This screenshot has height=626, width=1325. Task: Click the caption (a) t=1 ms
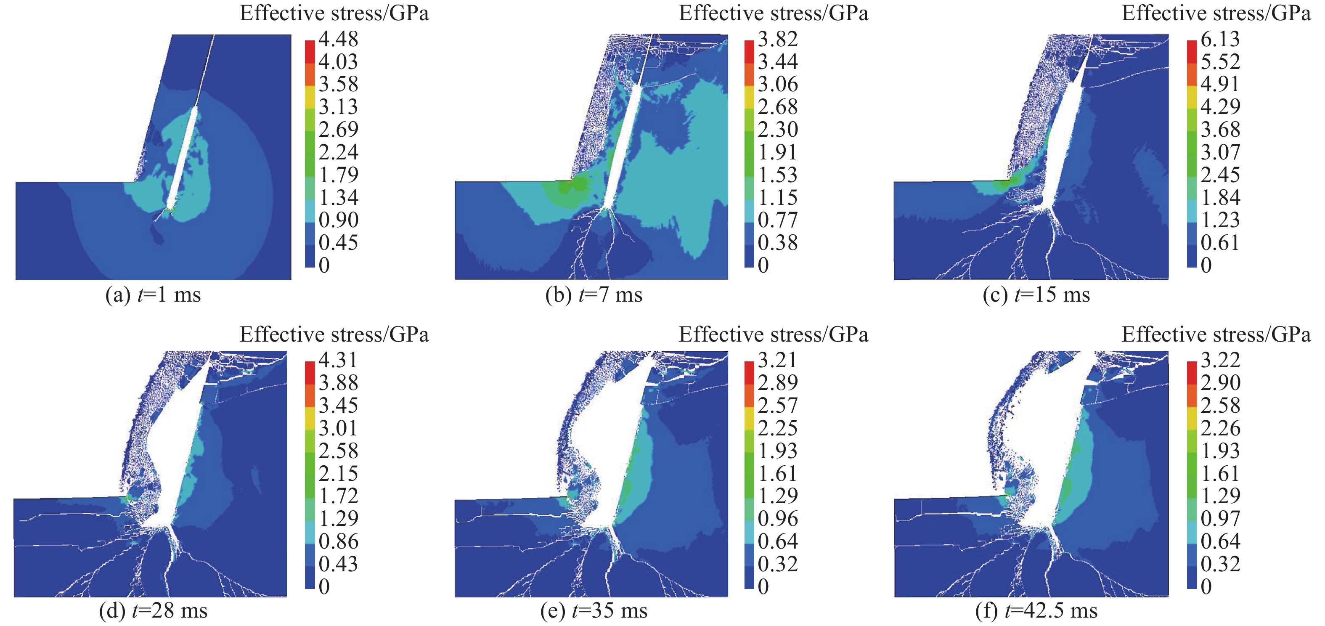(x=153, y=295)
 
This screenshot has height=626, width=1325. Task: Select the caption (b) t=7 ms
(x=594, y=295)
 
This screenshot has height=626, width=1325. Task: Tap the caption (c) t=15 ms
(x=1036, y=295)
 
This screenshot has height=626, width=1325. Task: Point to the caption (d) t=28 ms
(x=153, y=611)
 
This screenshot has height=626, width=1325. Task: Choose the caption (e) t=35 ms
(x=594, y=611)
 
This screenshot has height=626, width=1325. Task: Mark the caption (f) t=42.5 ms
(x=1036, y=611)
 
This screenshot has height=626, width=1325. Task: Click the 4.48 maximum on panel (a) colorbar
(x=338, y=39)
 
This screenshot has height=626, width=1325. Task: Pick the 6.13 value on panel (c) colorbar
(x=1220, y=39)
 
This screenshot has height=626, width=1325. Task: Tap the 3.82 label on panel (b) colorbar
(x=778, y=39)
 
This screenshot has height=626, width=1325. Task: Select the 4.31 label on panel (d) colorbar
(x=338, y=360)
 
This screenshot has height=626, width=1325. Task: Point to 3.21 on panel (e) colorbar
(x=778, y=360)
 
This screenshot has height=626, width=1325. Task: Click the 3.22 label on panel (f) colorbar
(x=1220, y=360)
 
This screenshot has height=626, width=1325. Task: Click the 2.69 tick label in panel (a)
(x=338, y=129)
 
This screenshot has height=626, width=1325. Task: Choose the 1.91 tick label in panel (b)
(x=778, y=152)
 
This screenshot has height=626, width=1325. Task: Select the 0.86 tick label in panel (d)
(x=338, y=541)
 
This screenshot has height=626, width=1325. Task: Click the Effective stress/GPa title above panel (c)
(x=1216, y=13)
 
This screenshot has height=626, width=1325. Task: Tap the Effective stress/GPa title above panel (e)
(x=773, y=335)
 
